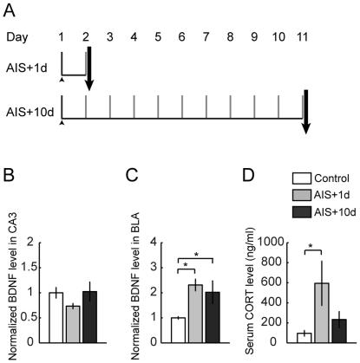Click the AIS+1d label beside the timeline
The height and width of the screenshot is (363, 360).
coord(26,70)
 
